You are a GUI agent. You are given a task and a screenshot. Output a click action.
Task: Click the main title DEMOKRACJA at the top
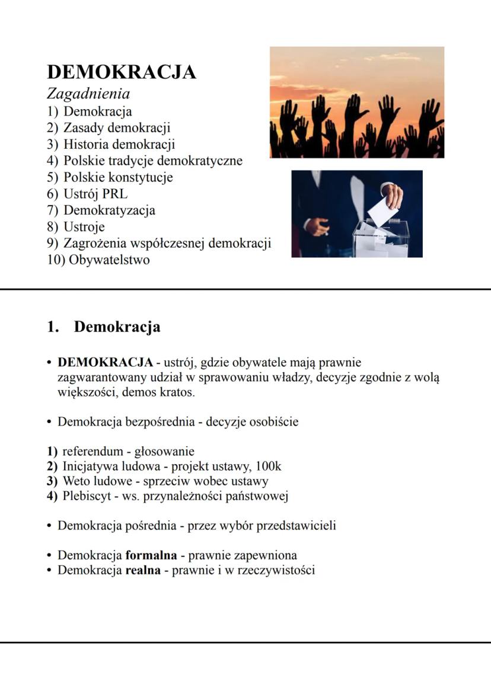coord(121,72)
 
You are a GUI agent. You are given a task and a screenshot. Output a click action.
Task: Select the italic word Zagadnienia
coord(88,94)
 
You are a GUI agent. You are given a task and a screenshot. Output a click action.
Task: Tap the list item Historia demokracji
coord(119,144)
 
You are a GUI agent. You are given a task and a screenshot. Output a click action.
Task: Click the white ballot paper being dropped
coord(380,210)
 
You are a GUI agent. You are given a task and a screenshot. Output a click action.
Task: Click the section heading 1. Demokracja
coord(104,327)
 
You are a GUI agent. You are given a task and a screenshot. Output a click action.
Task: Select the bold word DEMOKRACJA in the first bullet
coord(105,362)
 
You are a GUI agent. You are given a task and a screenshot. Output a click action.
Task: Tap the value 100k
coord(269,466)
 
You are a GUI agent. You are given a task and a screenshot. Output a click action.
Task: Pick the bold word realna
coord(143,570)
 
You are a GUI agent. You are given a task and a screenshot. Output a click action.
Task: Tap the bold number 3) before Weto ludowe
coord(52,481)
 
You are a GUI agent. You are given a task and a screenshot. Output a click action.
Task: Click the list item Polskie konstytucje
coord(118,177)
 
